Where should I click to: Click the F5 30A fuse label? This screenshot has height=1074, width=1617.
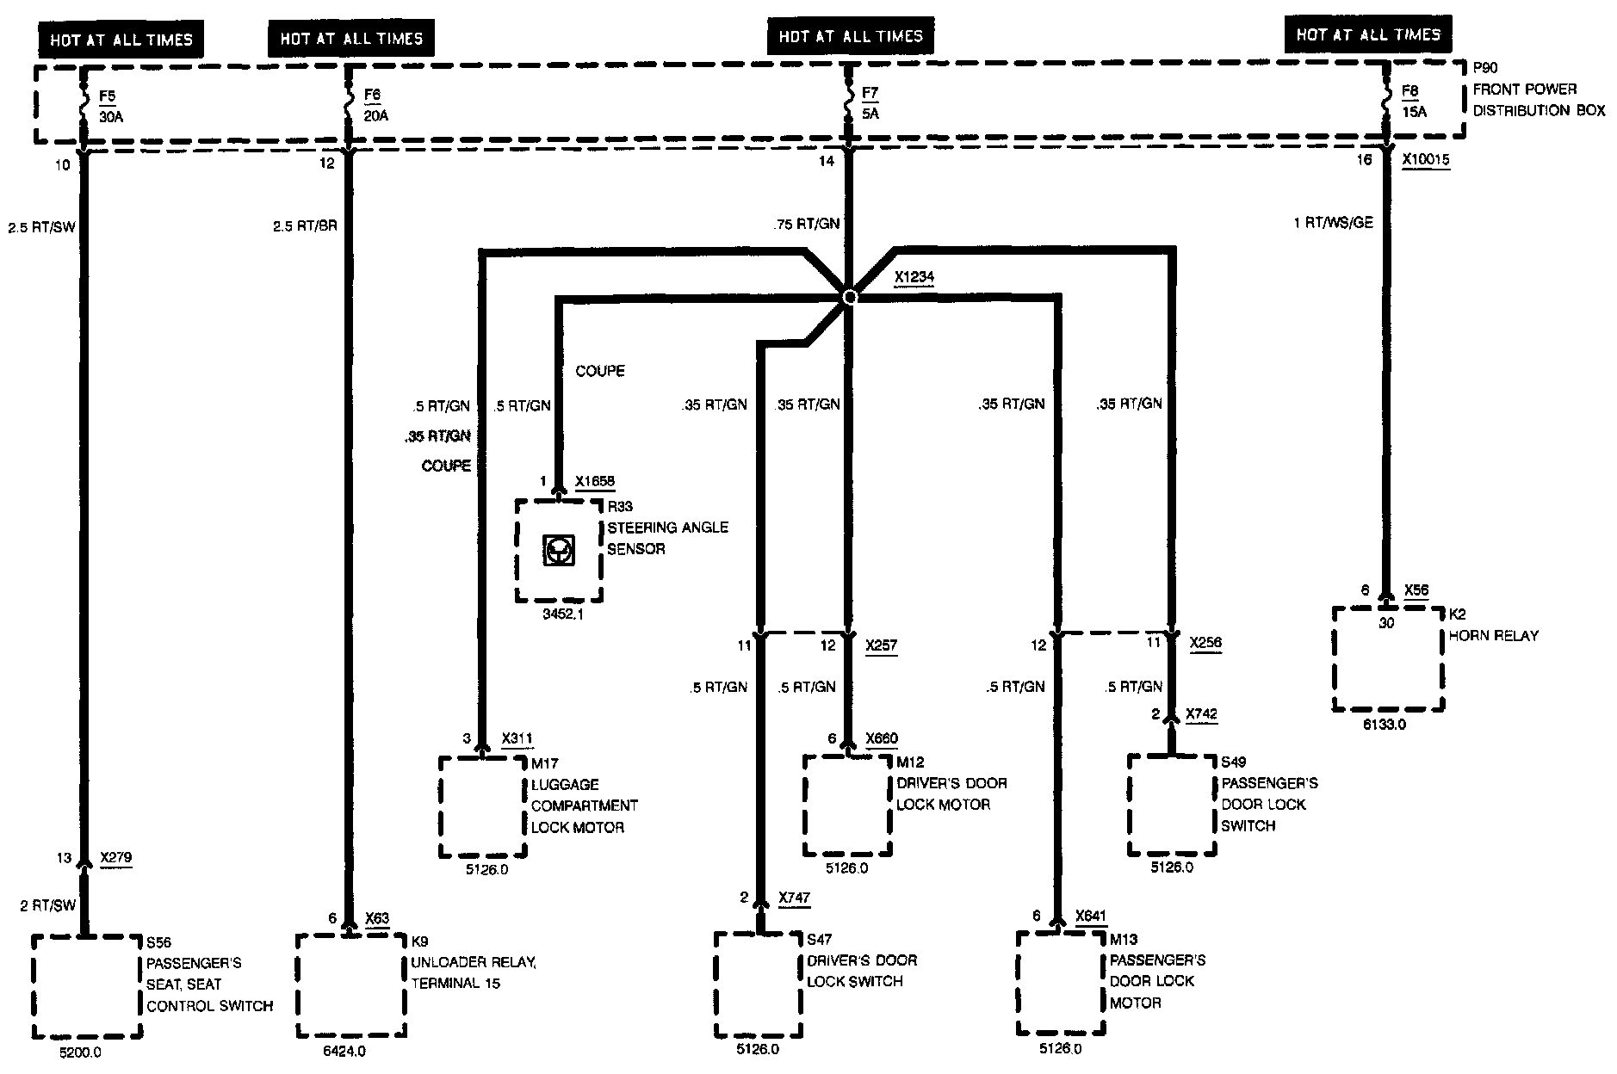point(111,106)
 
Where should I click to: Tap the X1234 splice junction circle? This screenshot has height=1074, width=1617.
point(850,297)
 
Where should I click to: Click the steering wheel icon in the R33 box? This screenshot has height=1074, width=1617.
point(558,550)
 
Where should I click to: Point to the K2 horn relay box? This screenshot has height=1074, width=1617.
point(1388,658)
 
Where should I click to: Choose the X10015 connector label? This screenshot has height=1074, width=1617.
point(1425,160)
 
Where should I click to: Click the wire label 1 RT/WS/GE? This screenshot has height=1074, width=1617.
point(1333,223)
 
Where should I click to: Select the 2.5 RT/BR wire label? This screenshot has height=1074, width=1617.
point(304,226)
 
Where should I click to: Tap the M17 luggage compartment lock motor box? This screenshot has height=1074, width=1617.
point(482,806)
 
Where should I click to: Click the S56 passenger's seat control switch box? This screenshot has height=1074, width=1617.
point(86,986)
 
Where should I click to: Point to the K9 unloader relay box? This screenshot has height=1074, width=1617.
point(350,986)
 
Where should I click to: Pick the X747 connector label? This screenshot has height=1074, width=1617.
point(794,898)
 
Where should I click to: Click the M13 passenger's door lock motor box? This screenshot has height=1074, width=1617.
point(1061,983)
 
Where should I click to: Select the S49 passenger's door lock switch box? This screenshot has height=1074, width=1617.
point(1173,805)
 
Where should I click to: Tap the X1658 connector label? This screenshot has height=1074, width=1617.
point(595,482)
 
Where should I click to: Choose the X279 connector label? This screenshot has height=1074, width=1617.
point(116,858)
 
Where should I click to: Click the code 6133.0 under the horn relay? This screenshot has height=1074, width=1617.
point(1384,725)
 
